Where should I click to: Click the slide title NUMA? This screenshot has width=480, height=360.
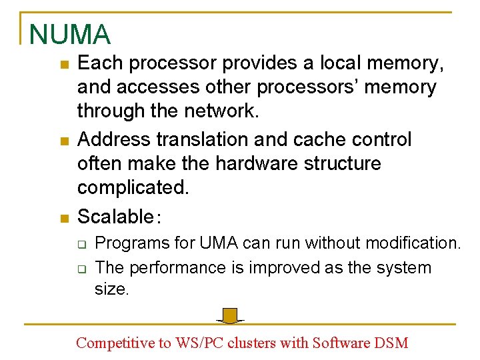(70, 35)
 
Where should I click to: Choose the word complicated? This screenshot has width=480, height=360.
(133, 188)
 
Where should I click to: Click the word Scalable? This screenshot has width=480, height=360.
(115, 216)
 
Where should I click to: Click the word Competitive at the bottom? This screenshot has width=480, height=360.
(114, 343)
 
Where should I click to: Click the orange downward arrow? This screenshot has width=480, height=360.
(231, 315)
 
